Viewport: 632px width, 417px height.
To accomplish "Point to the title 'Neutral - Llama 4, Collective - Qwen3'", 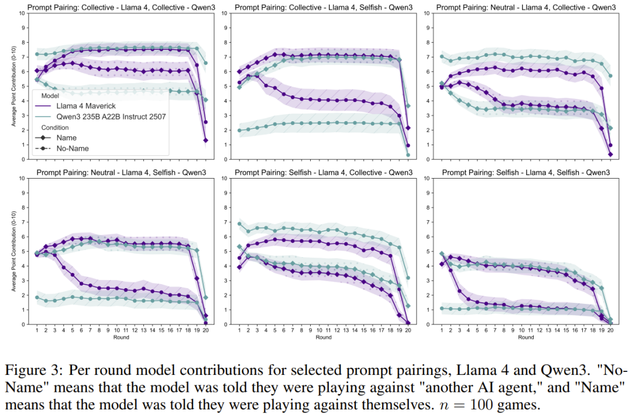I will click(527, 8).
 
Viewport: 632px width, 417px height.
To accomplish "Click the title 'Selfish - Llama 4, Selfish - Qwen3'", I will click(527, 173).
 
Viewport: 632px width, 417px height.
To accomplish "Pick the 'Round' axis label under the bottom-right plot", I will click(526, 337).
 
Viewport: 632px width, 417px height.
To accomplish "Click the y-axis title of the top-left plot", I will click(13, 86).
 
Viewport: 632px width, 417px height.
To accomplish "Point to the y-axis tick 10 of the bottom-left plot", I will click(22, 178).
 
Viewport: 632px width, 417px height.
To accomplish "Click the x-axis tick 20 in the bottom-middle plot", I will click(407, 330).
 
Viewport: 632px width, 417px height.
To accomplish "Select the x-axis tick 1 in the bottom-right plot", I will click(442, 330).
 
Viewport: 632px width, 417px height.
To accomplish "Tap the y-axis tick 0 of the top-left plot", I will click(23, 159).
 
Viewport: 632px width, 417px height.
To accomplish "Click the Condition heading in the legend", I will click(54, 127).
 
